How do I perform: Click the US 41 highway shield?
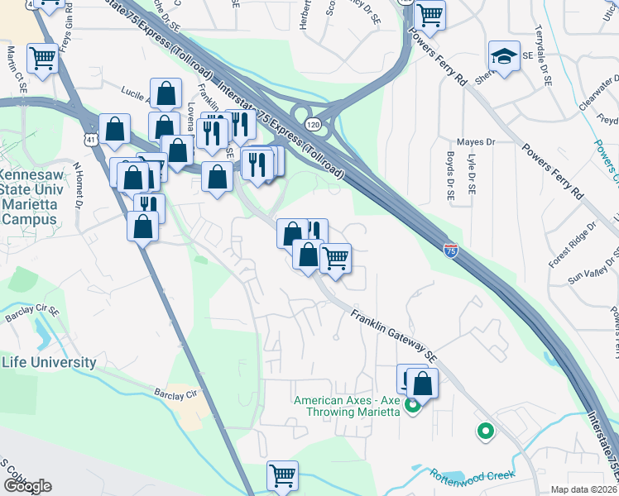pyautogui.click(x=88, y=141)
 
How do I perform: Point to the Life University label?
pyautogui.click(x=49, y=362)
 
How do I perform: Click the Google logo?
pyautogui.click(x=27, y=485)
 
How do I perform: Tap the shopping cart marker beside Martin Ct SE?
pyautogui.click(x=42, y=58)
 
